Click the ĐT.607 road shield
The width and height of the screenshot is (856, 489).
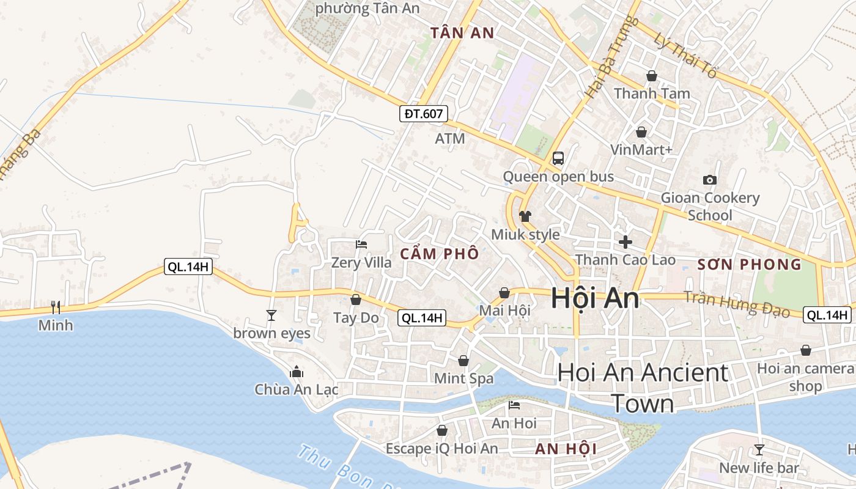click(424, 114)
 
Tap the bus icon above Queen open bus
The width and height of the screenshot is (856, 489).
click(558, 158)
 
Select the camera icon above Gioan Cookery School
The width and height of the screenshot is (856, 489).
click(709, 180)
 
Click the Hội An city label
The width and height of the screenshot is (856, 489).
click(595, 299)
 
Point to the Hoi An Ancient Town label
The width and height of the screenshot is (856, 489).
click(643, 388)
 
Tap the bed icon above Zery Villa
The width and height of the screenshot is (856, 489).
click(361, 244)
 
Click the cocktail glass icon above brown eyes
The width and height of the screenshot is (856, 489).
click(271, 315)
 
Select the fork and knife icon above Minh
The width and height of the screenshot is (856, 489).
click(56, 307)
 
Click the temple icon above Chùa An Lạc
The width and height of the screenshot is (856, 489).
click(297, 372)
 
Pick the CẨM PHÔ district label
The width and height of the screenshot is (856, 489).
click(440, 254)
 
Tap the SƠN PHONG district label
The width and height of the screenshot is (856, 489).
click(749, 265)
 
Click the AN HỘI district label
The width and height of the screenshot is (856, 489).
click(566, 449)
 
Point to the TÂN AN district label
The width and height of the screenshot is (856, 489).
click(462, 33)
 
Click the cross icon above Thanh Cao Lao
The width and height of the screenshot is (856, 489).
click(625, 242)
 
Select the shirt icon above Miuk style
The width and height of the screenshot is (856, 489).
click(525, 216)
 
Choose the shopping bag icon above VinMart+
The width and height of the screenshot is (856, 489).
click(641, 132)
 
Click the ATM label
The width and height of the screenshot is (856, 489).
click(450, 139)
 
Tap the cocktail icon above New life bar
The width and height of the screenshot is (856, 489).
click(759, 450)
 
